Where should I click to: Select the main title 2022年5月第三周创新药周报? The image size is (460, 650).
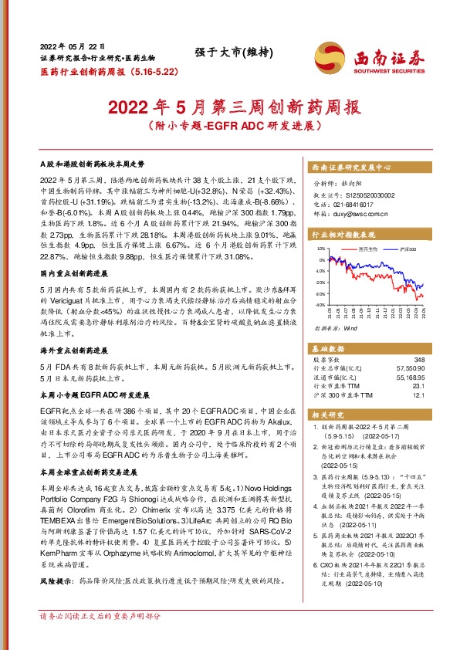(230, 106)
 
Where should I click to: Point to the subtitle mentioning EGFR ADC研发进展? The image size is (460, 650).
(230, 125)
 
